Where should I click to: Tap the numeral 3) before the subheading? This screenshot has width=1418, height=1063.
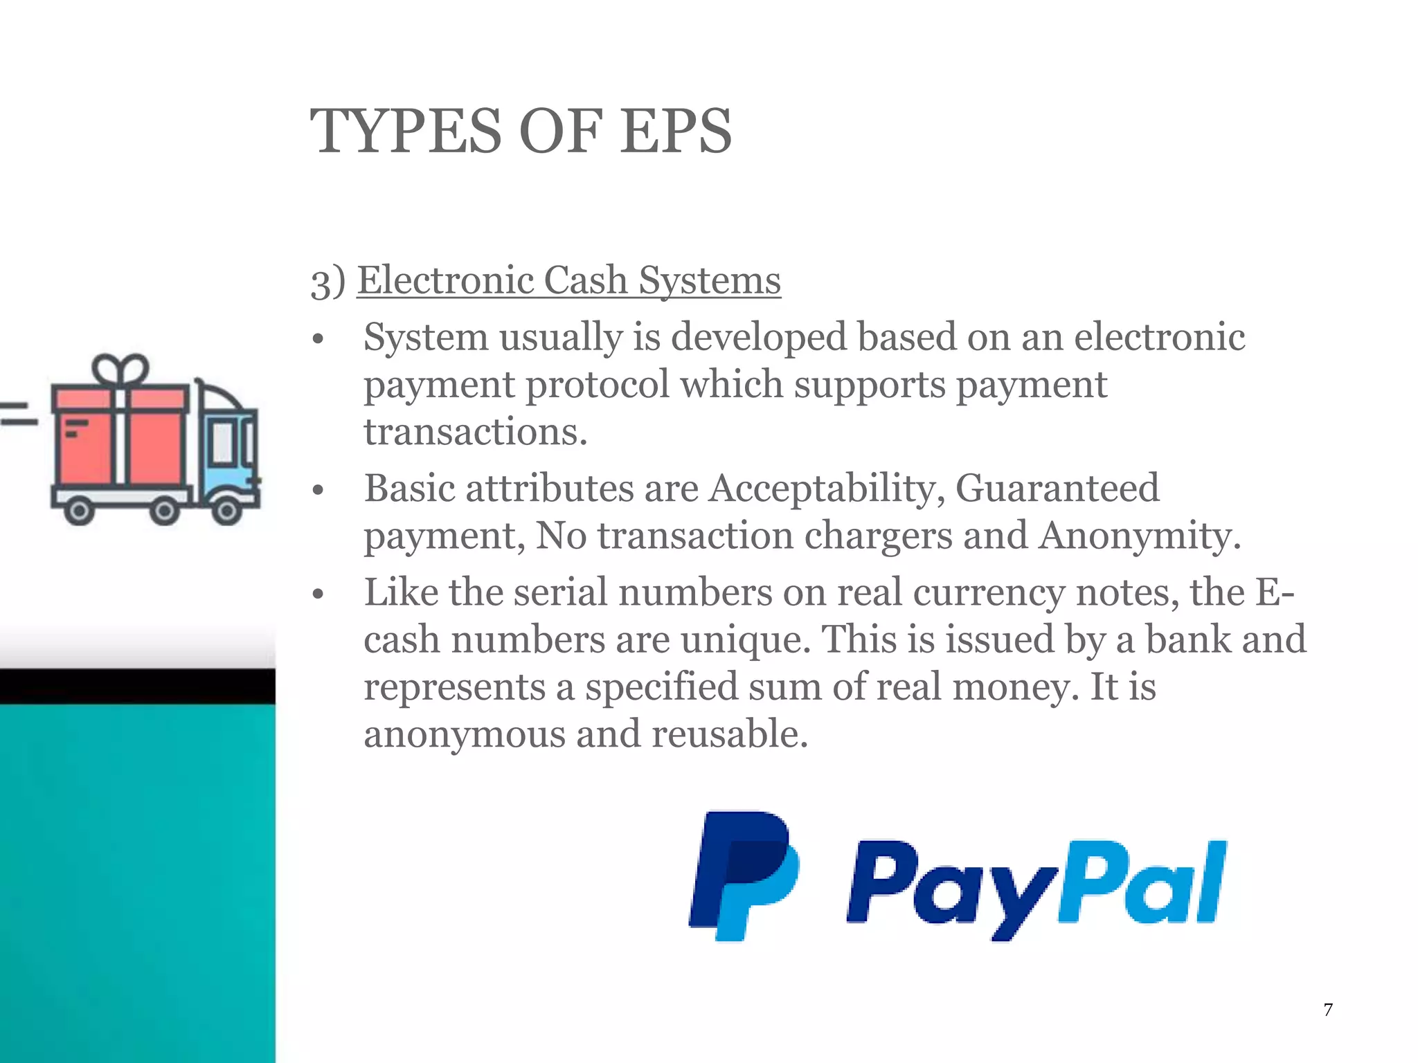327,282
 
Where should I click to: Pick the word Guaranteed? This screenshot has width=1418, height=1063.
1057,489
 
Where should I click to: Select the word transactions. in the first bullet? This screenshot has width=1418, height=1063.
476,432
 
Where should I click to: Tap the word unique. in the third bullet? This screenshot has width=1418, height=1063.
745,639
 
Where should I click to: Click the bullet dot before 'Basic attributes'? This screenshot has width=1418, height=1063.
318,491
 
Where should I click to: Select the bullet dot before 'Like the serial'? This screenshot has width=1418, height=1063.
318,594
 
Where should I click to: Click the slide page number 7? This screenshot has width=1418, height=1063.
1327,1010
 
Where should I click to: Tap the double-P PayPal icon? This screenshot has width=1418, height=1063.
744,875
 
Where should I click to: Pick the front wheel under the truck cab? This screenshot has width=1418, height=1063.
226,511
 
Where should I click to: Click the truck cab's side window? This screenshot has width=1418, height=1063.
222,442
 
